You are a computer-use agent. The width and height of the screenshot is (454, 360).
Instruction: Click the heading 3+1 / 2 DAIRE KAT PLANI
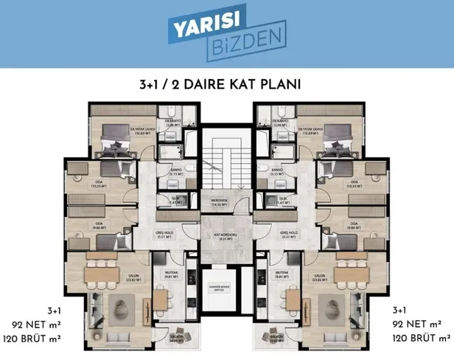pos(226,83)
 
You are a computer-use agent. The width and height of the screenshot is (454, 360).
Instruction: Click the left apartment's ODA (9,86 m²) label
pos(98,226)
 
